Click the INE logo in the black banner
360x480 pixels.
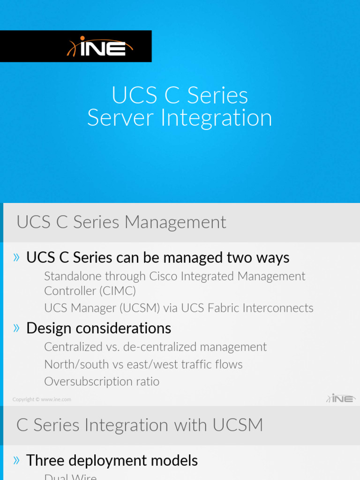pos(101,46)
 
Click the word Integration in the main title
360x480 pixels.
pos(216,118)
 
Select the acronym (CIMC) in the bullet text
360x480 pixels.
pos(118,291)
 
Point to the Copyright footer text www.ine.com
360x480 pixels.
pos(56,400)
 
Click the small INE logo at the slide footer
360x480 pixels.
pos(341,398)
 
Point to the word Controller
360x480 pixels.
pos(69,291)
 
